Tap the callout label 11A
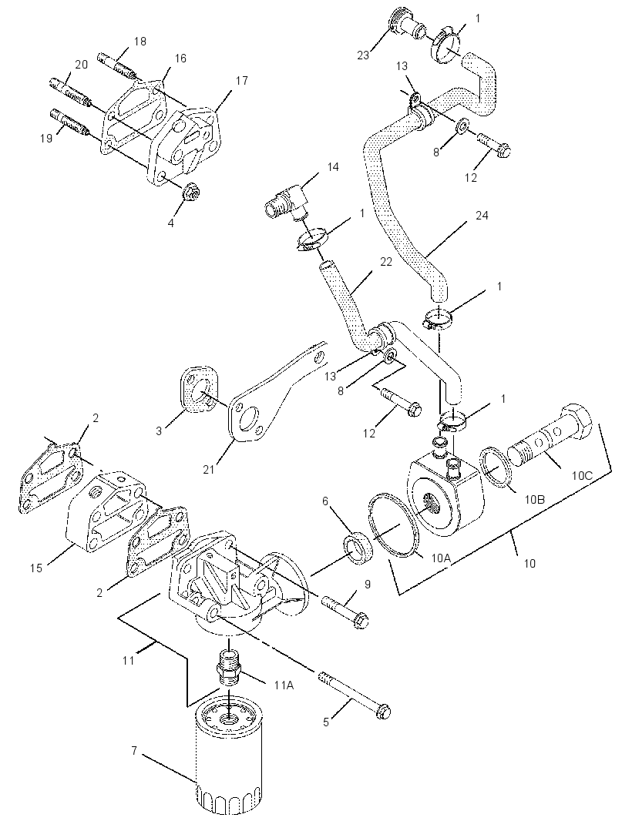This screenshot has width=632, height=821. pos(283,685)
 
